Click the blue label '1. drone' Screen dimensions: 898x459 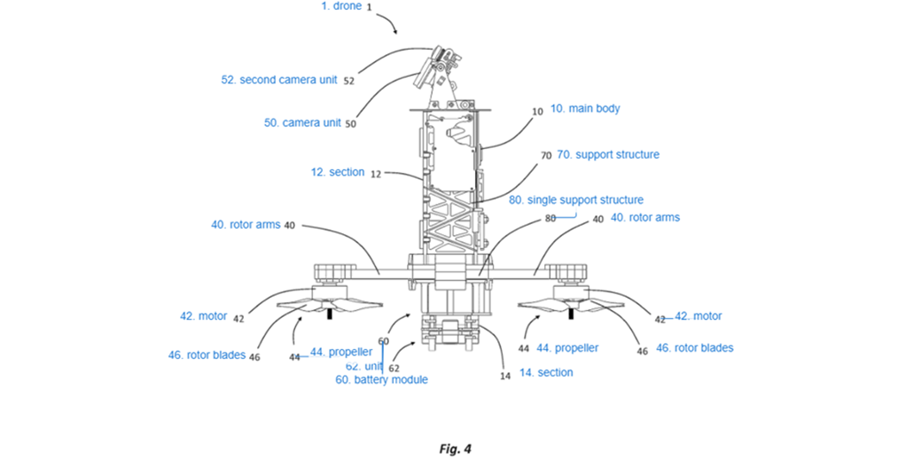coord(340,6)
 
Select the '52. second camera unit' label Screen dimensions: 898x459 coord(279,80)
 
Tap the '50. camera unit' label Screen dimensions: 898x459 coord(302,122)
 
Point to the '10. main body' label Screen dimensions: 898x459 coord(585,108)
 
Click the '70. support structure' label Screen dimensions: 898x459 coord(608,154)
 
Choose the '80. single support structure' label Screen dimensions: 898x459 coord(576,200)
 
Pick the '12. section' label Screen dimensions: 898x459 coord(338,172)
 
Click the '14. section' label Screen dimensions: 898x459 coord(546,372)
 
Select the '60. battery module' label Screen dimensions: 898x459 coord(381,379)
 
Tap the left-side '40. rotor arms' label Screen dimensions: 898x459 coord(246,225)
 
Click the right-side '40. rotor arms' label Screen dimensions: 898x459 coord(645,217)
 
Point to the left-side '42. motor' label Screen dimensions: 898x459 coord(203,316)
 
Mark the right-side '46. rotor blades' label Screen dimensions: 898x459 coord(695,348)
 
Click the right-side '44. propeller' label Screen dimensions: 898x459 coord(567,348)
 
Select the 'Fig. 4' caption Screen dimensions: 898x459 coord(456,448)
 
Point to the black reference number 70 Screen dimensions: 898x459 coord(546,155)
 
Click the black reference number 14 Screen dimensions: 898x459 coord(505,376)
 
